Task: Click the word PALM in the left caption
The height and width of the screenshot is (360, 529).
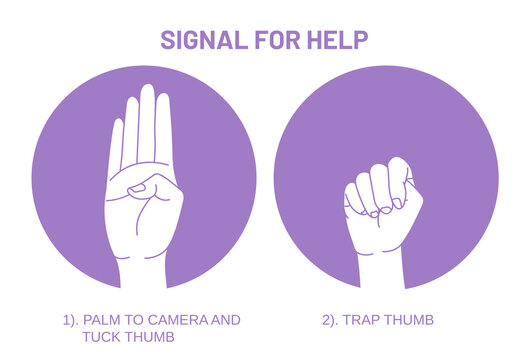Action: pos(102,320)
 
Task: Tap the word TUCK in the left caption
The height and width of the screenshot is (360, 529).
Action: pos(99,337)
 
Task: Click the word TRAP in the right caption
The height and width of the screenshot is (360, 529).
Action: pos(366,320)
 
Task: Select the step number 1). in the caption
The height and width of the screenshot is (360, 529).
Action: pos(69,320)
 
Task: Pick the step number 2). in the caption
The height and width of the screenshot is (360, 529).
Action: pos(332,320)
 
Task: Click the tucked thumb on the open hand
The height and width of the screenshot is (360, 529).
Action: pos(150,188)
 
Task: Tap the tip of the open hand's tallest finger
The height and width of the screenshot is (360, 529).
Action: pos(147,90)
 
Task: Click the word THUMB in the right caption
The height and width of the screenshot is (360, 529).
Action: pos(411,320)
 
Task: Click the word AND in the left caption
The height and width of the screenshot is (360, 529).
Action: pos(226,320)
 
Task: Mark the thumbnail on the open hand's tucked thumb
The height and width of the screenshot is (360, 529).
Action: pos(138,188)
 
